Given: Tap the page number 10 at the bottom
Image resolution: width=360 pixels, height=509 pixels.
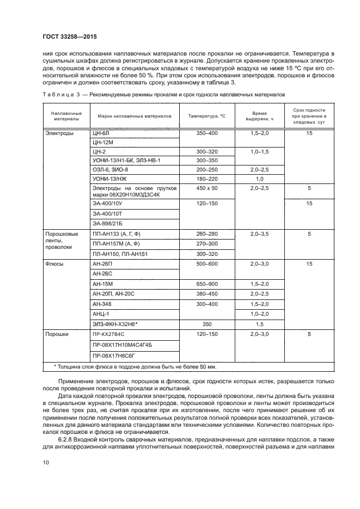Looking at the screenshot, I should (x=45, y=463).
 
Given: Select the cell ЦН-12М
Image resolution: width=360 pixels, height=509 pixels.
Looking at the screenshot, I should (x=103, y=142).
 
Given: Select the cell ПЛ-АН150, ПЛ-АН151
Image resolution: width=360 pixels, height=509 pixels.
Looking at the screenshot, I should (x=120, y=254).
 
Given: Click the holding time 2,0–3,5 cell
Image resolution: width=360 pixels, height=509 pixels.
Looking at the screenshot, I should (x=259, y=234).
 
